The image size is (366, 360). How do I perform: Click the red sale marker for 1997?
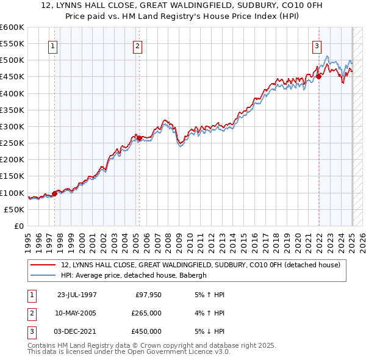pos(54,193)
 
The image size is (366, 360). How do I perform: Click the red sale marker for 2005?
pos(139,138)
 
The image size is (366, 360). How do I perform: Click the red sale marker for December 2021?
pos(319,76)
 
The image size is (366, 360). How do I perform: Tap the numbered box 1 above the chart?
pos(53,45)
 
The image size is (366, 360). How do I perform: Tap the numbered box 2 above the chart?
pos(138,45)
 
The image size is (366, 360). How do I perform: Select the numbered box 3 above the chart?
pos(317,45)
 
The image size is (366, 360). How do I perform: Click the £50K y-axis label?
pos(15,209)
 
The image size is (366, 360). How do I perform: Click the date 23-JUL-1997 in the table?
pos(77,295)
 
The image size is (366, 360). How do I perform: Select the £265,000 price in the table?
pos(146,313)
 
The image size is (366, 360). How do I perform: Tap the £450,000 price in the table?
pos(146,331)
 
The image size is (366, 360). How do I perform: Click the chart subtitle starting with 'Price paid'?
pos(182,16)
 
